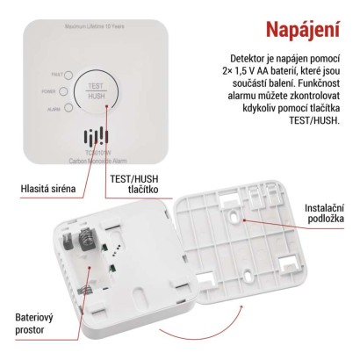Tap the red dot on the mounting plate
point(242,220)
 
